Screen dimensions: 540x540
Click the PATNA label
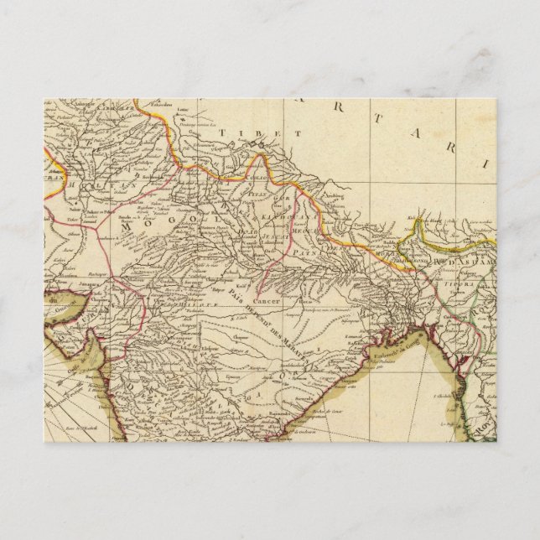tap(318, 250)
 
